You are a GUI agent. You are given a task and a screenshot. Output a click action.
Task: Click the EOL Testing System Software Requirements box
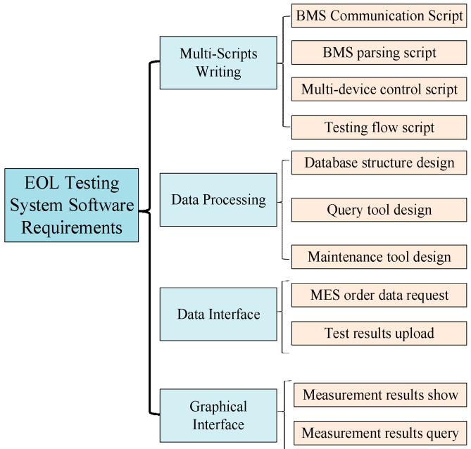coord(71,205)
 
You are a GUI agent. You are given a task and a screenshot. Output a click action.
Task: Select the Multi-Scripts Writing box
coord(218,63)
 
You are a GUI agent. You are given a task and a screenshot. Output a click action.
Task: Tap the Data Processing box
coord(218,199)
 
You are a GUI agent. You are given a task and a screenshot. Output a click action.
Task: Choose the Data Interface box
coord(218,314)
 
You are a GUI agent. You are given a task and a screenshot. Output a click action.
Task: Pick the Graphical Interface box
coord(218,415)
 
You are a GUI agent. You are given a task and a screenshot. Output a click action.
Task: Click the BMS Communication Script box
coord(379,15)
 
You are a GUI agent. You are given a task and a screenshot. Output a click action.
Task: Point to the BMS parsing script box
coord(379,53)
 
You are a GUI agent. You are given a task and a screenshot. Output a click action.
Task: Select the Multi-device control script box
coord(379,90)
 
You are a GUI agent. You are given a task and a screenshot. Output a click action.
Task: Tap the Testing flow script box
coord(379,127)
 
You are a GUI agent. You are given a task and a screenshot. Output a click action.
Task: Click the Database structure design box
coord(379,163)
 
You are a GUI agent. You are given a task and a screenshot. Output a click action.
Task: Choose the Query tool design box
coord(379,210)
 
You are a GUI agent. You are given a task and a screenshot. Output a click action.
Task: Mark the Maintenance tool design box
coord(379,257)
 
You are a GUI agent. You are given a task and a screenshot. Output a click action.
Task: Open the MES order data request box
coord(379,295)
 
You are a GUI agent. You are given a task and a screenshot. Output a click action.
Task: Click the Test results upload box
coord(379,333)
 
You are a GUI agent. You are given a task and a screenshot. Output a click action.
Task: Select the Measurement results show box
coord(380,395)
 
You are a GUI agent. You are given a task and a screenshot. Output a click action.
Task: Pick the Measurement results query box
coord(380,433)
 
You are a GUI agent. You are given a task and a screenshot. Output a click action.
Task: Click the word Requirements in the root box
coord(71,227)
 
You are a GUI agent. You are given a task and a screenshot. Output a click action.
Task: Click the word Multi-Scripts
coord(218,54)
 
